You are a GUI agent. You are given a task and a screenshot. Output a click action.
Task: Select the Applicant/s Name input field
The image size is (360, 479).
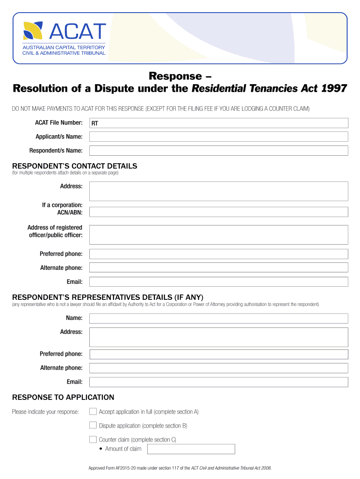tap(218, 137)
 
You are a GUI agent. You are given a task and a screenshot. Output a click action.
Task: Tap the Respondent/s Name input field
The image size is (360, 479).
tap(218, 151)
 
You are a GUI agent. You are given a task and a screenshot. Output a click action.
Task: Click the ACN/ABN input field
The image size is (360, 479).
tap(218, 212)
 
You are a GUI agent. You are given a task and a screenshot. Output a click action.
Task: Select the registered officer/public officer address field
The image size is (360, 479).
tap(218, 234)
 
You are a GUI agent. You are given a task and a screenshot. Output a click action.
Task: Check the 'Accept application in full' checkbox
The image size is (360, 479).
tap(93, 412)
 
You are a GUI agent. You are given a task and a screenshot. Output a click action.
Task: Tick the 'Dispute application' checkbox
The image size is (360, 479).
tap(93, 426)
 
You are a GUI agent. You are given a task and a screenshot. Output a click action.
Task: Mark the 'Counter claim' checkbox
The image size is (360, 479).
tap(93, 440)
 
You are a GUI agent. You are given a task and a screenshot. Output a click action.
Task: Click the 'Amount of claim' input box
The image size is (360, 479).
tap(191, 449)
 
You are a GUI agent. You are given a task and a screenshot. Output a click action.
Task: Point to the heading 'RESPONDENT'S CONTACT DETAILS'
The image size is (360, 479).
tap(74, 166)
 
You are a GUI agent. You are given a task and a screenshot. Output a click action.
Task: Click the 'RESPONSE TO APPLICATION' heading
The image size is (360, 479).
tap(63, 398)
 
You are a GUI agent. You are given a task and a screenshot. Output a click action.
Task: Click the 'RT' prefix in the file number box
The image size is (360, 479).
tap(95, 123)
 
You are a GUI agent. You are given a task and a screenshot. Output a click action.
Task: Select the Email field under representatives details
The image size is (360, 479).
tap(218, 382)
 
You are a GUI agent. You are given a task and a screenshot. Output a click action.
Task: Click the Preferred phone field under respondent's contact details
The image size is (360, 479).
tap(218, 254)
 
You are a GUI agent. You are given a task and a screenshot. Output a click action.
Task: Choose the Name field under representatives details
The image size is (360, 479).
tap(218, 318)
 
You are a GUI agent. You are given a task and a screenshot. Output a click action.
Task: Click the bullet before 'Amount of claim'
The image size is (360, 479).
tap(101, 449)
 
